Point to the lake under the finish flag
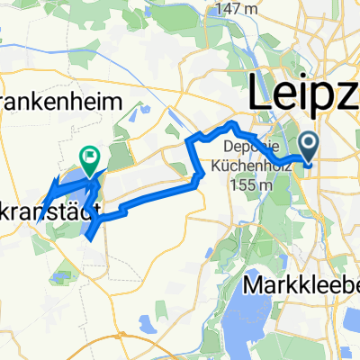tap(79, 193)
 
